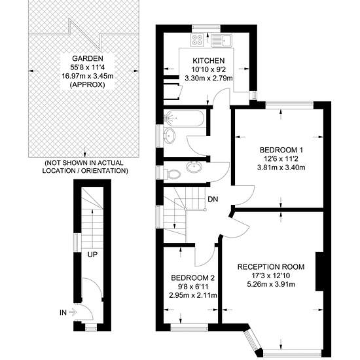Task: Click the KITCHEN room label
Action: [x=208, y=61]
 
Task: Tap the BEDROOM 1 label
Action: [x=281, y=150]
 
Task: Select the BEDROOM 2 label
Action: [x=193, y=278]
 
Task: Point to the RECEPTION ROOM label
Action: [x=271, y=267]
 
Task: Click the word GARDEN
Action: [x=88, y=58]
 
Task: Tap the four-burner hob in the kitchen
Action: [x=197, y=40]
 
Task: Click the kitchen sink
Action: [x=222, y=40]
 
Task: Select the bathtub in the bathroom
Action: [x=184, y=118]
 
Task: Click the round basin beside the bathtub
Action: [x=170, y=136]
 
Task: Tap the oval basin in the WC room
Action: [x=194, y=167]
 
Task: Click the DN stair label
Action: [x=213, y=199]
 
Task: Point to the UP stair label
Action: [x=92, y=255]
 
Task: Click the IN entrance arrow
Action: [x=73, y=312]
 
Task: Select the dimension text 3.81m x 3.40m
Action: [x=281, y=168]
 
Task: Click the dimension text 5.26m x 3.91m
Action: [x=271, y=284]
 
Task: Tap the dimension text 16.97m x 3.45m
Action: [x=88, y=76]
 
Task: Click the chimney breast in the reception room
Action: [x=319, y=272]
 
